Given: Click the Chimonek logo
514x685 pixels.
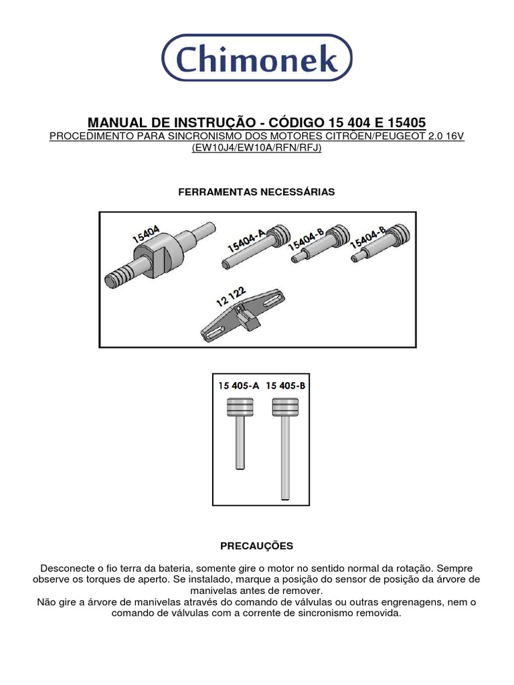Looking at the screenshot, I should pyautogui.click(x=257, y=59).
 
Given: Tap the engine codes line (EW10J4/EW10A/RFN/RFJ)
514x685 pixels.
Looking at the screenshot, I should pyautogui.click(x=257, y=148).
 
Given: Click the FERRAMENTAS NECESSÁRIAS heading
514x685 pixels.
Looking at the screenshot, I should pyautogui.click(x=257, y=192).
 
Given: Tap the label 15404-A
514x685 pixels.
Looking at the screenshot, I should pyautogui.click(x=246, y=239).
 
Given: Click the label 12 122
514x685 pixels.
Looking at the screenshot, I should pyautogui.click(x=230, y=296).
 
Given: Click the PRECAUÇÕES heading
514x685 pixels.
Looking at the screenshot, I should pyautogui.click(x=257, y=547).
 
